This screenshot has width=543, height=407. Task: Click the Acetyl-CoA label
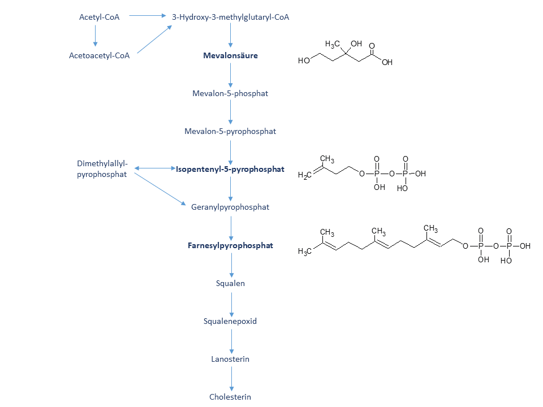coord(99,18)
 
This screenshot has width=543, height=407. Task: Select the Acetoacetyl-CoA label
coord(99,55)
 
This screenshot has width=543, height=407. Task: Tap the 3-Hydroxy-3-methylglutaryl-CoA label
coord(230,18)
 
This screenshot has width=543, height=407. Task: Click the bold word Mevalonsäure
coord(230,55)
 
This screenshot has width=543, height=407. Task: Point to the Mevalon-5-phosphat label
coord(230,93)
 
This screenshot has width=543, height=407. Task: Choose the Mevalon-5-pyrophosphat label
coord(230,132)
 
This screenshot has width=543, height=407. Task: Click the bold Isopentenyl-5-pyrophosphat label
coord(230,169)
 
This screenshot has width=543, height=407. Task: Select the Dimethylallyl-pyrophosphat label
coord(102,169)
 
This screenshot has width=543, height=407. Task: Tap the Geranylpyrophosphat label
coord(230,207)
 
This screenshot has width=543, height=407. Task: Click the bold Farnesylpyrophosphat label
coord(230,245)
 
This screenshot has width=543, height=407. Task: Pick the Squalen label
coord(230,283)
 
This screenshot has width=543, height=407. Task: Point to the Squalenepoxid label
coord(230,321)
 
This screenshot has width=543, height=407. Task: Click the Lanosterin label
coord(230,360)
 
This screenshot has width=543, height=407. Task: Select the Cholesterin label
coord(230,397)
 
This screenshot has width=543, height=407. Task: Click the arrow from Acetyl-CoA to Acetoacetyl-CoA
coord(95,36)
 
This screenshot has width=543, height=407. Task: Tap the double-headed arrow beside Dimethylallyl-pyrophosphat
coord(155,168)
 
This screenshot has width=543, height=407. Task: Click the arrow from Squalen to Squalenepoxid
coord(232,305)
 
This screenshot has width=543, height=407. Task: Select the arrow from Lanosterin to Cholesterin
coord(232,379)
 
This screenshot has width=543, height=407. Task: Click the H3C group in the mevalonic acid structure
coord(332,44)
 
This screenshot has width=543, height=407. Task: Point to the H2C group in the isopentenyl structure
coord(305,175)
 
